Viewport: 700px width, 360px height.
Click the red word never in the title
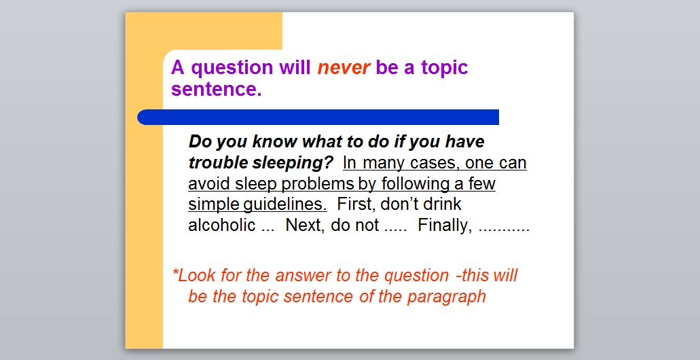(344, 67)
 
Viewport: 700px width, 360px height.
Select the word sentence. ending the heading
(216, 89)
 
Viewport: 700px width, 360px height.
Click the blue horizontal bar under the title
(318, 117)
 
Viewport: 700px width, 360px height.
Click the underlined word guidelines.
(285, 204)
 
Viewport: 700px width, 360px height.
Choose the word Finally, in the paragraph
(445, 226)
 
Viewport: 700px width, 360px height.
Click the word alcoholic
(221, 225)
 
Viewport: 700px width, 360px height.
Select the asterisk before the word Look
(175, 272)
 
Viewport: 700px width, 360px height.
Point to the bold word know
(275, 141)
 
